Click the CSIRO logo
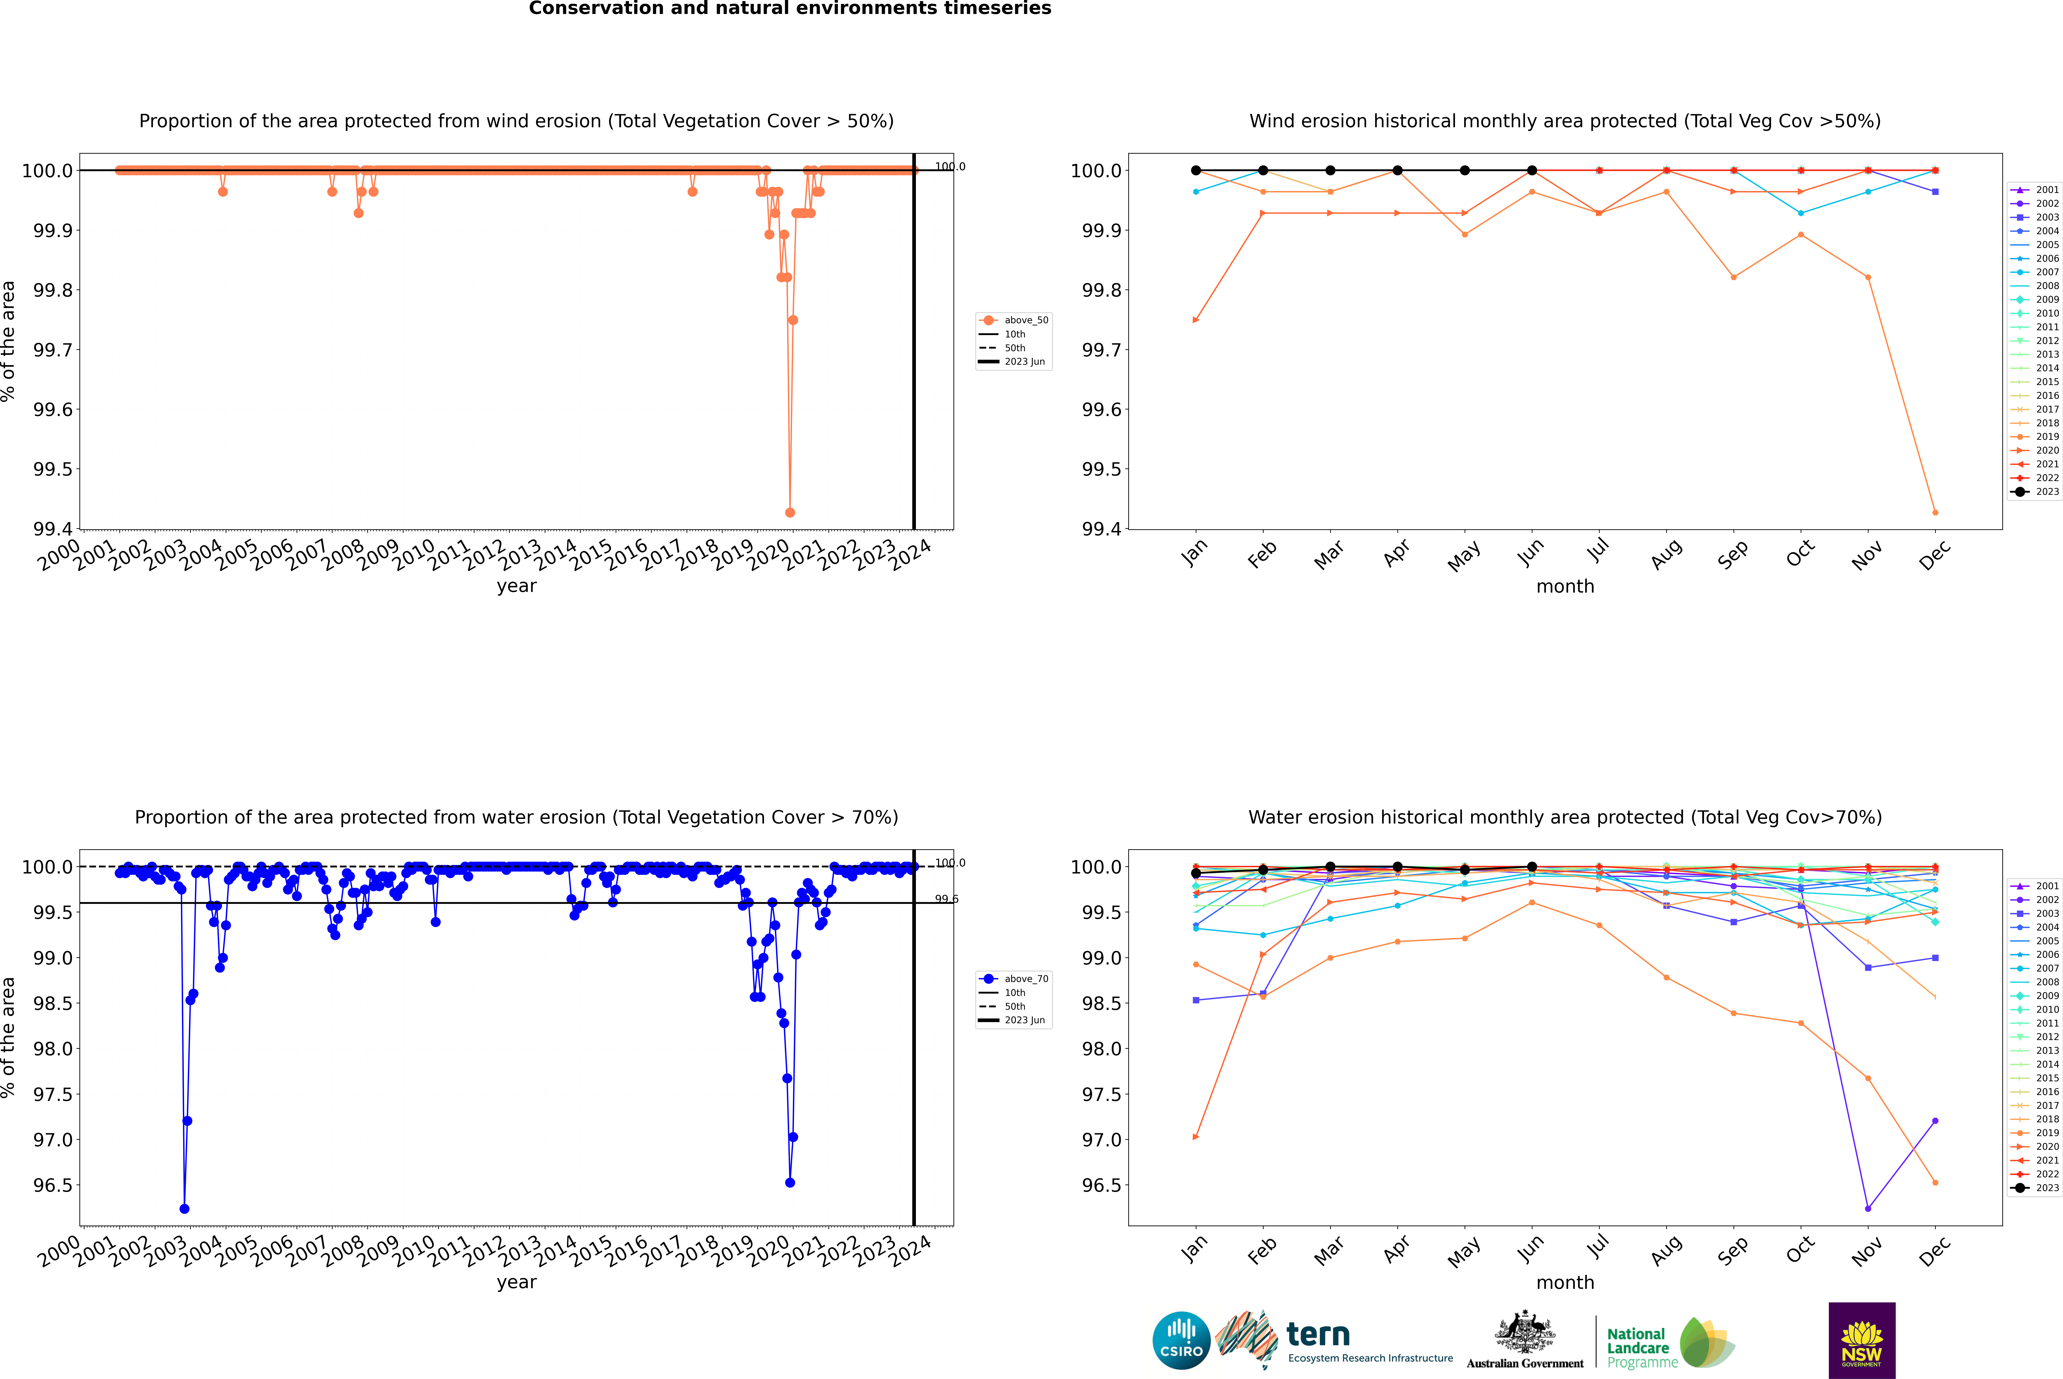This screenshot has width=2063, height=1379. [x=1181, y=1340]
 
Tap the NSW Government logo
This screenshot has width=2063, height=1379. [x=1862, y=1340]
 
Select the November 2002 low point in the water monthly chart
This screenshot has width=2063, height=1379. [x=1868, y=1208]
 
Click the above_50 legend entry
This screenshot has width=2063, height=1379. [x=1025, y=320]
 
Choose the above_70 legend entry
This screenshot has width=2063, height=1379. [x=1025, y=979]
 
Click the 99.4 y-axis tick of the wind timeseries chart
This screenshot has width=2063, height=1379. [x=53, y=529]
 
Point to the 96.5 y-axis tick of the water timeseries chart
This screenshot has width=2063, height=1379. [x=53, y=1186]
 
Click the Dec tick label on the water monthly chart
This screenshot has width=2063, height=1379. [x=1935, y=1251]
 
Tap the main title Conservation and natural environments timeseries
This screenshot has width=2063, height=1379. [x=790, y=9]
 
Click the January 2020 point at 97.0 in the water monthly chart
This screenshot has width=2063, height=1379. [x=1196, y=1137]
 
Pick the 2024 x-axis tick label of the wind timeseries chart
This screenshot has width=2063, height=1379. [x=911, y=556]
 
